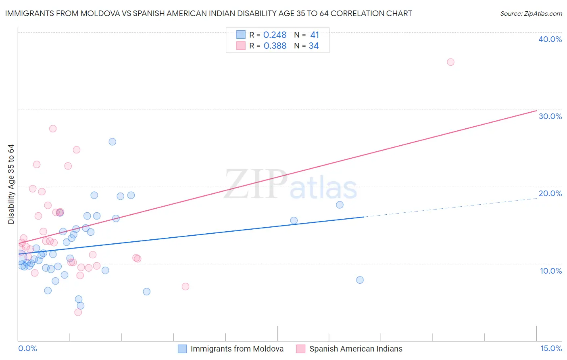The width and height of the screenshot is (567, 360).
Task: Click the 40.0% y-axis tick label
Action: [550, 39]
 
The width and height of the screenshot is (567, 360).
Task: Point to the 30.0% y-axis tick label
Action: [550, 116]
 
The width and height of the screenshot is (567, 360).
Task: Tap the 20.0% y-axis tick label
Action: [550, 193]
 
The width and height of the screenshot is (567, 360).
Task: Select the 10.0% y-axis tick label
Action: [550, 271]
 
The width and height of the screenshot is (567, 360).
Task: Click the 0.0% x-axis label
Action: [27, 348]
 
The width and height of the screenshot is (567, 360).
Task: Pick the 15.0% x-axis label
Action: [551, 348]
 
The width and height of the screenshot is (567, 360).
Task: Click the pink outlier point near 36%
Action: [450, 62]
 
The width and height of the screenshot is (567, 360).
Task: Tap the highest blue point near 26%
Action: [113, 142]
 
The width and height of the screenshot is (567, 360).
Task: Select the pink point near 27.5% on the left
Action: [53, 129]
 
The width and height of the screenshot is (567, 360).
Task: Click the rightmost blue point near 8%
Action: [360, 280]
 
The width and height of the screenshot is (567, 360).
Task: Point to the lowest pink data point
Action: [78, 312]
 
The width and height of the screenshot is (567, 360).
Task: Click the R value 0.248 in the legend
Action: [275, 35]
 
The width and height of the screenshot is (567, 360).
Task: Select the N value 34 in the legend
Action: [314, 46]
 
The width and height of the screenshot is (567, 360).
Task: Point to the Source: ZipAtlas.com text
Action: [531, 13]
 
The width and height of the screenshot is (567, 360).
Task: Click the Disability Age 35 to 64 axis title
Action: [11, 184]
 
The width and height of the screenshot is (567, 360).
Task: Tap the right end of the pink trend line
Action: [536, 111]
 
